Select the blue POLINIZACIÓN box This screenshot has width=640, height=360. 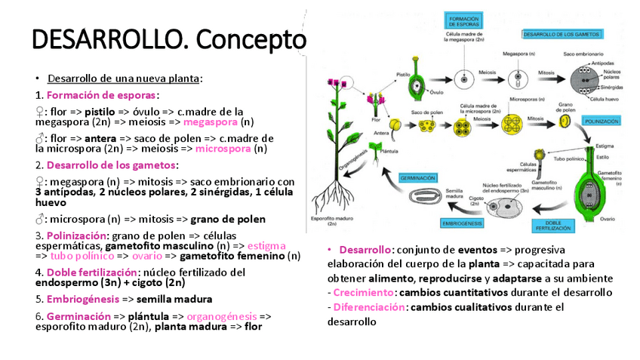(x=602, y=121)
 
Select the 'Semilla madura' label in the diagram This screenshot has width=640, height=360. (x=454, y=193)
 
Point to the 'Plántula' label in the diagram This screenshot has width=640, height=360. (x=390, y=151)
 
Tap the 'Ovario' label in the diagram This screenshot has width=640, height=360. (x=610, y=220)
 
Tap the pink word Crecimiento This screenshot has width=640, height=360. (x=363, y=292)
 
